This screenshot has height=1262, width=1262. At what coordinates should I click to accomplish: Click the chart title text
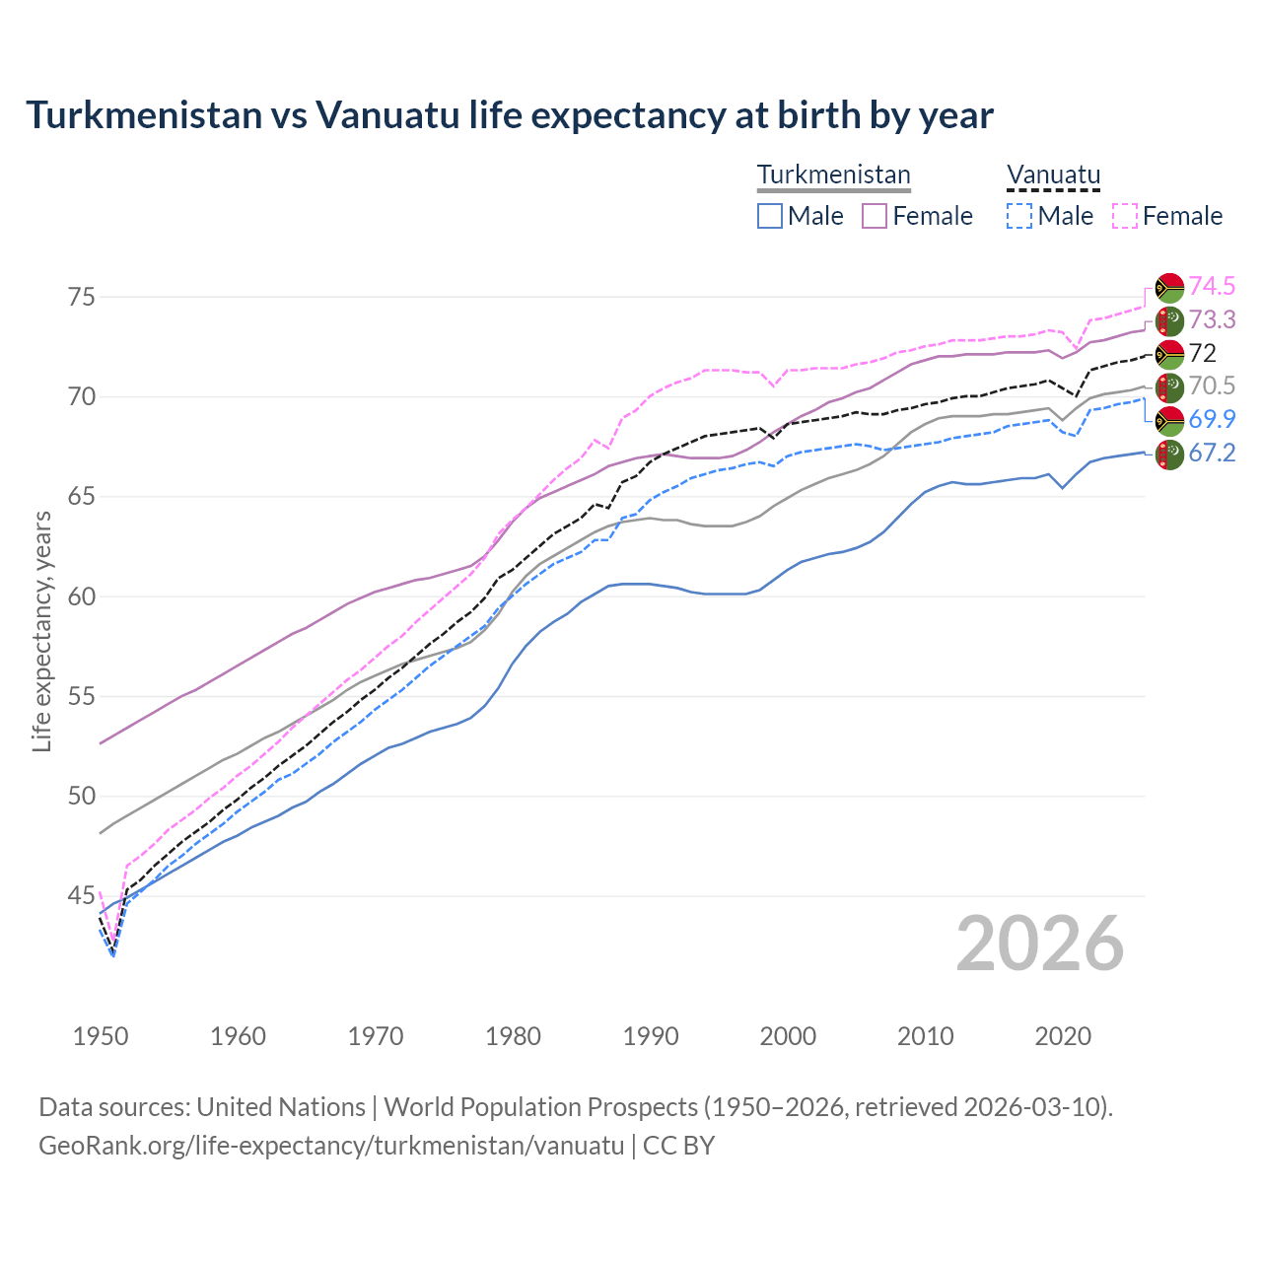[x=509, y=115]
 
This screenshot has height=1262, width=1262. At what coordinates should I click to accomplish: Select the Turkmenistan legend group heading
[x=833, y=175]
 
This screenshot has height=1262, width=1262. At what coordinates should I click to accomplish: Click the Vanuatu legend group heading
[x=1053, y=175]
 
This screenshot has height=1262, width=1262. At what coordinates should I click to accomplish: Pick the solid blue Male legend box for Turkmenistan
[x=770, y=216]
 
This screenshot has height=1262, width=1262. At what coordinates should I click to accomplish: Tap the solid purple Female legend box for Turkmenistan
[x=875, y=216]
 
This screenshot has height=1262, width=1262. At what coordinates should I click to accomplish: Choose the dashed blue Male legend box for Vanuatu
[x=1019, y=216]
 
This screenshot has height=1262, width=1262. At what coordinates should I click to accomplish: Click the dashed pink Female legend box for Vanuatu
[x=1125, y=216]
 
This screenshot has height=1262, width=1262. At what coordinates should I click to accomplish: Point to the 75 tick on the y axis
[x=82, y=297]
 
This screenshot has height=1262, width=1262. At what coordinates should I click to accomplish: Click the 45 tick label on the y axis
[x=82, y=896]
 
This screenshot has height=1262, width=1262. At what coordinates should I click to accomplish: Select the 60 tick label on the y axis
[x=82, y=596]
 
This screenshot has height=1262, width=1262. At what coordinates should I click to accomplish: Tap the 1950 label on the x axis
[x=101, y=1036]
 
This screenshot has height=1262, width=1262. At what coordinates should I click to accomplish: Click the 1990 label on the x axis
[x=651, y=1036]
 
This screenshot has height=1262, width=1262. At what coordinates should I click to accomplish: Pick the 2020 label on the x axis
[x=1063, y=1036]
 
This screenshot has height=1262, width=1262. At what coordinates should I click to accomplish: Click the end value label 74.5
[x=1212, y=287]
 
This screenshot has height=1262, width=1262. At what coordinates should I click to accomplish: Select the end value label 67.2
[x=1212, y=453]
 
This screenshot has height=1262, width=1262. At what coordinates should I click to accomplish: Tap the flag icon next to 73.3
[x=1169, y=320]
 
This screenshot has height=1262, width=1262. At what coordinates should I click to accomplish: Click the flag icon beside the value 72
[x=1169, y=354]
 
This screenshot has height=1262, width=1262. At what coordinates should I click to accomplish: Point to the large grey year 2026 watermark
[x=1040, y=944]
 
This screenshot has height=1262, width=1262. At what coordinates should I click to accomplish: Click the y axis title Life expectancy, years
[x=42, y=631]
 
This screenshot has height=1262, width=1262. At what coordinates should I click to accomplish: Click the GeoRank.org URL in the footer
[x=331, y=1146]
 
